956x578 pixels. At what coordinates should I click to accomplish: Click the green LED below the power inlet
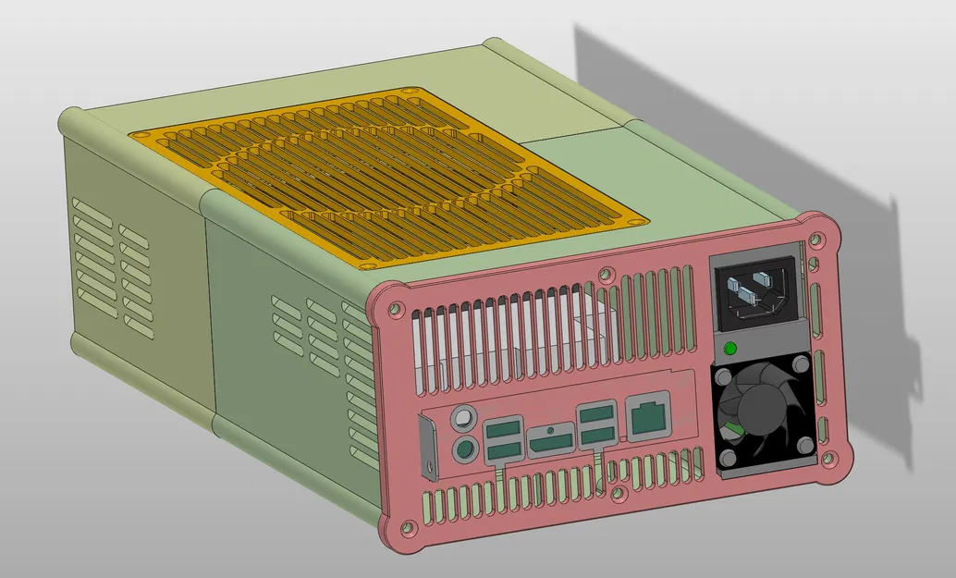pos(729,349)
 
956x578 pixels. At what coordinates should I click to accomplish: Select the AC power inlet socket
pos(754,289)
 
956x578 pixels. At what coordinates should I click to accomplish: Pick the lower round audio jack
pos(463,451)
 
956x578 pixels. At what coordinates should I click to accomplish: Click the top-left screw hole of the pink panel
pos(396,309)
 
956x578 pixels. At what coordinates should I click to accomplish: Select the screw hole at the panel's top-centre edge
pos(606,274)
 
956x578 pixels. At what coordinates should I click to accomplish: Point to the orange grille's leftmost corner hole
pos(140,135)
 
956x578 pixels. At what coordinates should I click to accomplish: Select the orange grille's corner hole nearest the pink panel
pos(635,222)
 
